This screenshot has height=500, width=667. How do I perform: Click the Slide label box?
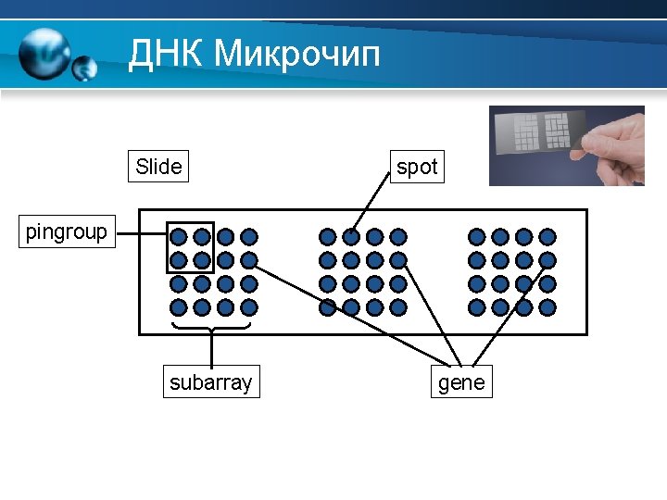tap(158, 167)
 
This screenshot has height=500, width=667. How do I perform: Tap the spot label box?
tap(417, 167)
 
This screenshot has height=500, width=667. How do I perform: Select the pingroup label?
tap(67, 231)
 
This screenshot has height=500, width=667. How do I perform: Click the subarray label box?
tap(211, 382)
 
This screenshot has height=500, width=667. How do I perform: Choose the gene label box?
tap(461, 382)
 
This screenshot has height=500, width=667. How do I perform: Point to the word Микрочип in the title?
tap(296, 54)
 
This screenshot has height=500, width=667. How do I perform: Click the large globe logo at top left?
tap(44, 53)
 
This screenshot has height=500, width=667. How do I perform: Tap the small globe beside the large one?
tap(85, 68)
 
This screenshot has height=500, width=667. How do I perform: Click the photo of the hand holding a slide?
tap(566, 145)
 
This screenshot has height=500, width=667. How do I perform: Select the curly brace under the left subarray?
tap(212, 326)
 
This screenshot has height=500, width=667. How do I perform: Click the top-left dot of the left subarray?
tap(179, 237)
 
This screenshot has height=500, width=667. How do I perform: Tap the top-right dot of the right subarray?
tap(547, 237)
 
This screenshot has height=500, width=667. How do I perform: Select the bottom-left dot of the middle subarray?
tap(328, 306)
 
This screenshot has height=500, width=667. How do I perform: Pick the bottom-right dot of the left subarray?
tap(249, 306)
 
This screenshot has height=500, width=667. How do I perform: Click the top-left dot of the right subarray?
tap(477, 237)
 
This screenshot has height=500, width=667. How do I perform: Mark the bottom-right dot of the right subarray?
tap(547, 306)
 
